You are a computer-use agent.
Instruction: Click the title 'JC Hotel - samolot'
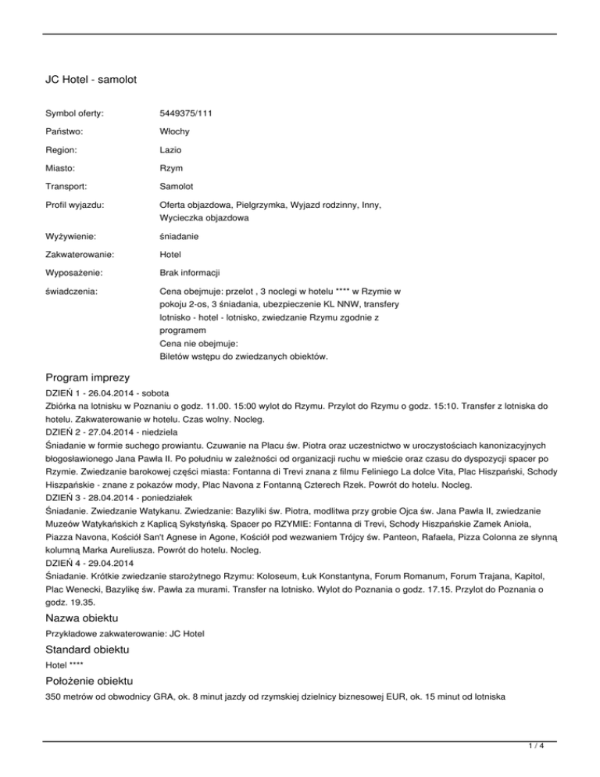pos(91,79)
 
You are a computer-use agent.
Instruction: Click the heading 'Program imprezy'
pos(92,378)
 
